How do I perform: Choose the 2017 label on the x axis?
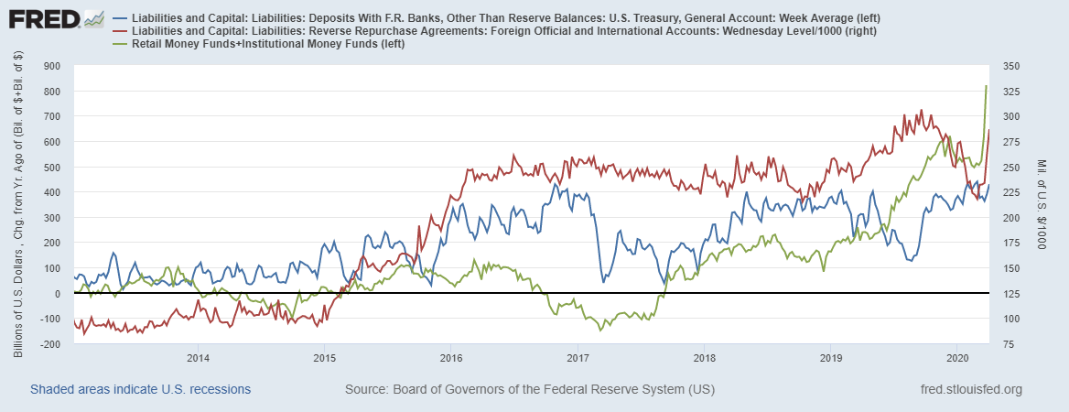tap(577, 356)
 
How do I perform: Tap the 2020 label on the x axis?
tap(956, 356)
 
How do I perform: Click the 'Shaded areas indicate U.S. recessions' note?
tap(140, 390)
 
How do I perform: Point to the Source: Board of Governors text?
tap(529, 390)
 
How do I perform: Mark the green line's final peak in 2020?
tap(986, 86)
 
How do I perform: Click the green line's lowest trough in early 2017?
tap(599, 330)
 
